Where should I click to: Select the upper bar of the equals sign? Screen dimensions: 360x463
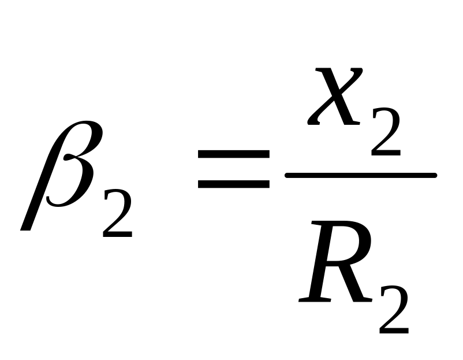point(233,155)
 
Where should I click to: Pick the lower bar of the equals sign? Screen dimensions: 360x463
point(233,185)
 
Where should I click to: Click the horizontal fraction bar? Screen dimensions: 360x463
point(360,175)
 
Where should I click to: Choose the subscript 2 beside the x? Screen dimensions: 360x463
point(386,134)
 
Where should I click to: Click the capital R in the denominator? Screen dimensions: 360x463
point(335,266)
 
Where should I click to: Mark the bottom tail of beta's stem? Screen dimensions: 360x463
point(27,225)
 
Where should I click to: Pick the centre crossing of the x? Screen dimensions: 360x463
point(335,97)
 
